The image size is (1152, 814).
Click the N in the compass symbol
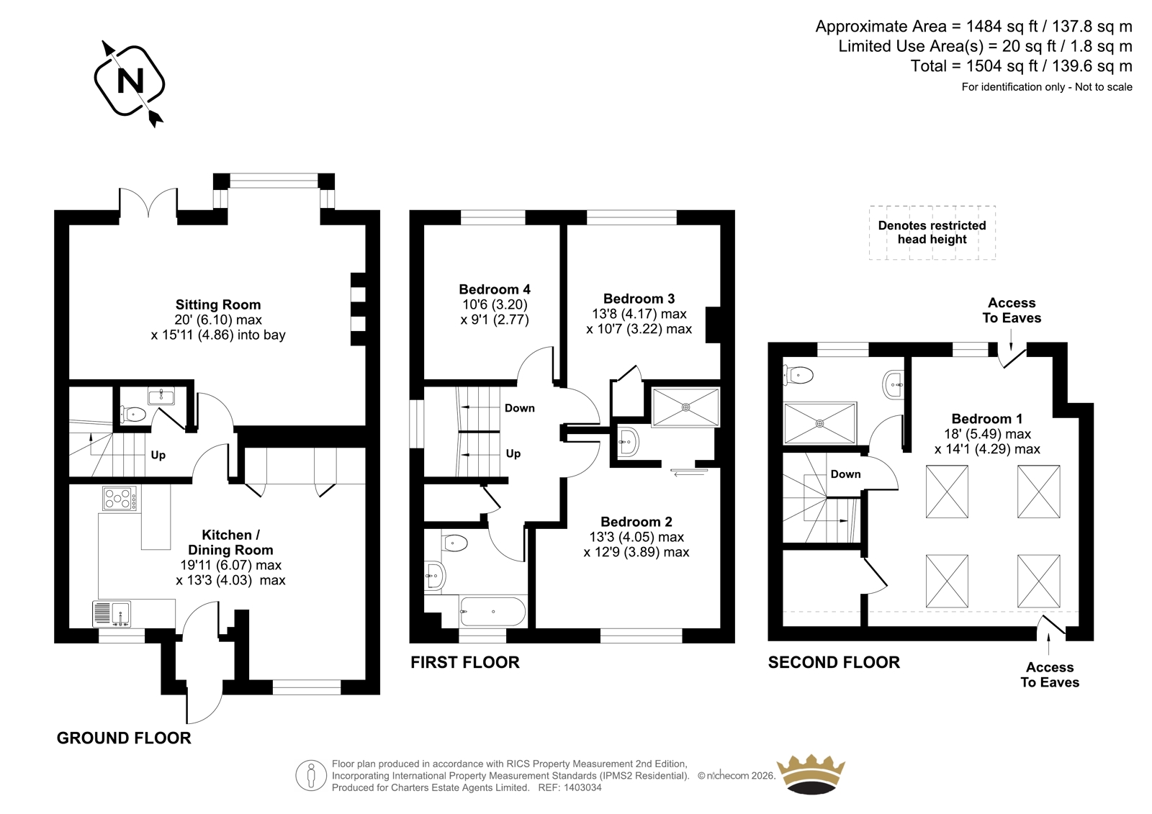tap(130, 81)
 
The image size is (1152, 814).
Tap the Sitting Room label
tap(218, 304)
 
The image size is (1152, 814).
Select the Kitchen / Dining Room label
tap(230, 542)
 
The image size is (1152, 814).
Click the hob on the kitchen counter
tap(120, 498)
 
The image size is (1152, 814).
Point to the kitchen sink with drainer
tap(112, 614)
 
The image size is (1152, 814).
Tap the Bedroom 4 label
tap(495, 289)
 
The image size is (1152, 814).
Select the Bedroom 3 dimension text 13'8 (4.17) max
tap(639, 314)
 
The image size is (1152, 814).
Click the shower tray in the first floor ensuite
tap(685, 407)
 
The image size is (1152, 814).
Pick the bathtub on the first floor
tap(492, 612)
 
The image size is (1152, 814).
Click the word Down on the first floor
tap(519, 408)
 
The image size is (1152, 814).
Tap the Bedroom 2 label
tap(636, 521)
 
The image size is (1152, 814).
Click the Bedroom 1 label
tap(987, 419)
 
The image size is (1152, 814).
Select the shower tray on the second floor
tap(820, 423)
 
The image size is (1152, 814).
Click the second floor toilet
tap(797, 375)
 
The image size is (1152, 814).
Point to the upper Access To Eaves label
tap(1012, 310)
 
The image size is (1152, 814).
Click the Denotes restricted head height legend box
tap(932, 232)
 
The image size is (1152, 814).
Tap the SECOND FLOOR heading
tap(834, 662)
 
